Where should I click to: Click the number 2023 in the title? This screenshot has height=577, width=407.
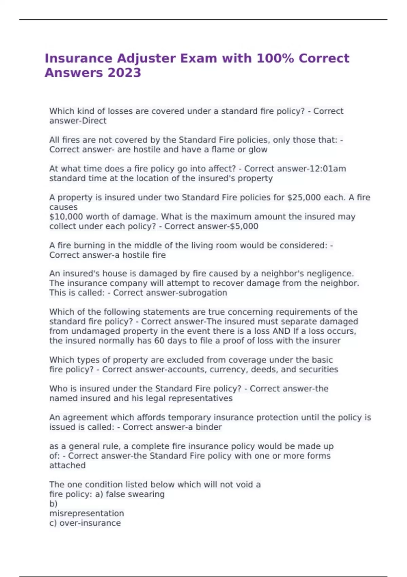[124, 73]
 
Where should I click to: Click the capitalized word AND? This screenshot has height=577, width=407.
[281, 331]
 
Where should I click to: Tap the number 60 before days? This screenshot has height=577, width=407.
[159, 341]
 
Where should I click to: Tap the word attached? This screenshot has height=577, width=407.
[67, 465]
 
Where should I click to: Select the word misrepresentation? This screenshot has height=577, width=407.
[86, 514]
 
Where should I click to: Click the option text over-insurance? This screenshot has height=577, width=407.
[90, 523]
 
